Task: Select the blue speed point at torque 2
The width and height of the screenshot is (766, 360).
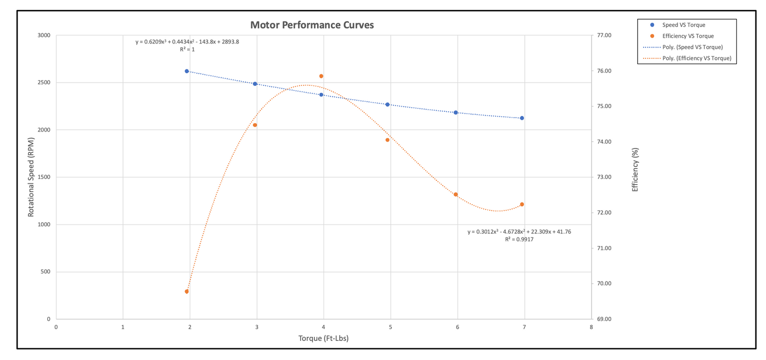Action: (x=187, y=71)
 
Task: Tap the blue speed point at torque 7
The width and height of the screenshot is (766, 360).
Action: (x=522, y=118)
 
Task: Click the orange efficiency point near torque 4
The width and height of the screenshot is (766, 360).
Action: (x=321, y=76)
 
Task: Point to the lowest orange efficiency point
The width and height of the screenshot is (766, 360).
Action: (x=187, y=292)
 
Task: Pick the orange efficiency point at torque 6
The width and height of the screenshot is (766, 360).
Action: (x=455, y=195)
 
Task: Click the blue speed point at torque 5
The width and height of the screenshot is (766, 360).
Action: (x=388, y=104)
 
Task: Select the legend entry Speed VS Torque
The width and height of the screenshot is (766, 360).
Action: (x=684, y=25)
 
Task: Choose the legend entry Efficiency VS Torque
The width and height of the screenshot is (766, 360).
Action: (x=688, y=36)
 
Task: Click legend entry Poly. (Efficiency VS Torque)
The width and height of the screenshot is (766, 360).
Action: (x=697, y=58)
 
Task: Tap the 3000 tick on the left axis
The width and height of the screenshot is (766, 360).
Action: (x=43, y=36)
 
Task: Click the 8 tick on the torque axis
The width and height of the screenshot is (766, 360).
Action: (x=591, y=327)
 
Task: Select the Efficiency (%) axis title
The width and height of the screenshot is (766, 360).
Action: (x=636, y=177)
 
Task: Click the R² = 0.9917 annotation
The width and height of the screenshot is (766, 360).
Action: (x=519, y=240)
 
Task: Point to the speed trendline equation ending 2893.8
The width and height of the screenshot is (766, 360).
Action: (x=187, y=41)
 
